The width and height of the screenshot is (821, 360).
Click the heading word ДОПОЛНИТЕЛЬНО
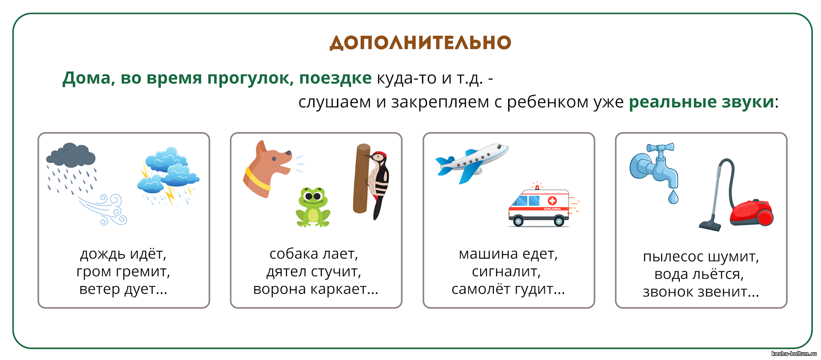[420, 43]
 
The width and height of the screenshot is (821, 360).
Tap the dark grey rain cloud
[71, 155]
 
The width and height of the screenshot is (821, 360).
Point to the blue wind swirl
[104, 209]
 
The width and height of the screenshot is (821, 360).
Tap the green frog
[313, 207]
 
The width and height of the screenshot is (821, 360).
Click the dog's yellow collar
[257, 180]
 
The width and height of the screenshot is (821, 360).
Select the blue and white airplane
[472, 162]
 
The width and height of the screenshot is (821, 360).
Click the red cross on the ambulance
[552, 201]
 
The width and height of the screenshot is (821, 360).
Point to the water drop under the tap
[673, 197]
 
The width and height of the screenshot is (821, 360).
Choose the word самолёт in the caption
[481, 289]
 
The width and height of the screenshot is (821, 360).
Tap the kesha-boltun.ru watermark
[794, 353]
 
